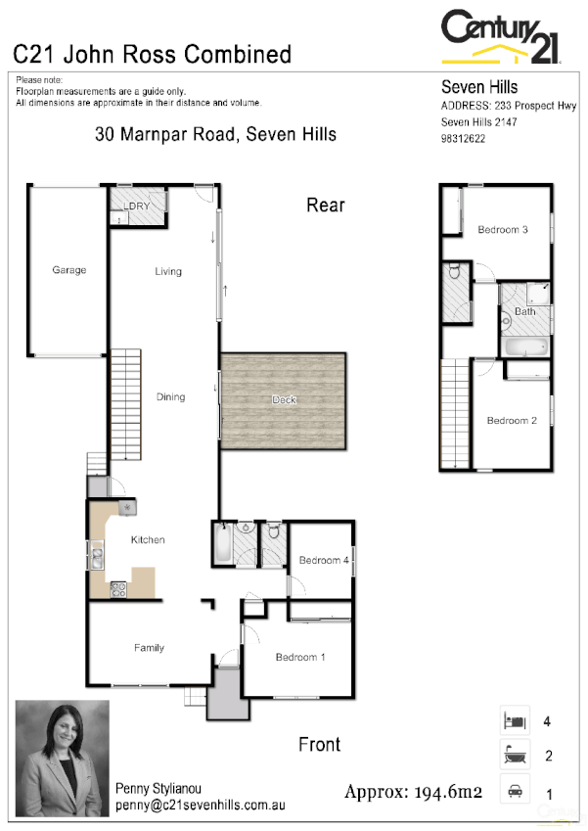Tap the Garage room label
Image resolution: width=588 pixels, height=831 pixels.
69,270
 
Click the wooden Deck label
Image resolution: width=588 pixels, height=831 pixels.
284,400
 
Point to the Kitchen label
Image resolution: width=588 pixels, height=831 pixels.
149,540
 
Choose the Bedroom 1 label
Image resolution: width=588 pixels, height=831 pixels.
300,657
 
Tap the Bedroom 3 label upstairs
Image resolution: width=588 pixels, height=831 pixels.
503,230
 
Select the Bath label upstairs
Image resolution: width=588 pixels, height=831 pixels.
525,312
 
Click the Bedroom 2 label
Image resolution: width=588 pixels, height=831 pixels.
513,421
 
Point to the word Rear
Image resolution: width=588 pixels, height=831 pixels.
326,205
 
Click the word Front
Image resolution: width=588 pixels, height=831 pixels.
319,745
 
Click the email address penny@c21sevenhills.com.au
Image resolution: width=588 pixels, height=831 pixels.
200,805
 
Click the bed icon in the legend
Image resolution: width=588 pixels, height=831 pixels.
515,721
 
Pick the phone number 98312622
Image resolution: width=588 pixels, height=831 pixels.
464,139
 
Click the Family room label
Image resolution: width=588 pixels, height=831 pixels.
149,648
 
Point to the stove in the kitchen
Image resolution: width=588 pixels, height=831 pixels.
118,588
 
